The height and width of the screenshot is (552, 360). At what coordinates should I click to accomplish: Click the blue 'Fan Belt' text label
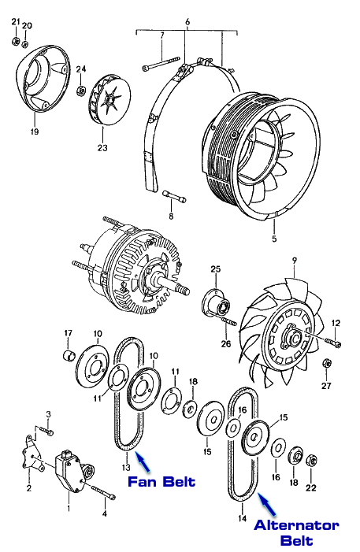coord(161,482)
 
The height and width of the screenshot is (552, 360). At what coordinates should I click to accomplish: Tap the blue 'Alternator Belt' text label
coord(296,533)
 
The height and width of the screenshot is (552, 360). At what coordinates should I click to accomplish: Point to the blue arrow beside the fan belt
coord(143,462)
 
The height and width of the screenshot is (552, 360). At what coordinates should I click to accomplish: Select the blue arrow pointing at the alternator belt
coord(267,503)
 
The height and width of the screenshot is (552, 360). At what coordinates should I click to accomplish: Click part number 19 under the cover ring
coord(35,132)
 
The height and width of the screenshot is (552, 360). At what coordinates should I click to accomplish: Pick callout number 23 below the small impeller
coord(102,148)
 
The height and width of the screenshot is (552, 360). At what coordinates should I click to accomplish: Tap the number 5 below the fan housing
coord(274,239)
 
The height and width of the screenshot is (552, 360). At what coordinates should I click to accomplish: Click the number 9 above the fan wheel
coord(295,261)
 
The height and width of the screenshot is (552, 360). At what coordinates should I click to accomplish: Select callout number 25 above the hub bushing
coord(216,269)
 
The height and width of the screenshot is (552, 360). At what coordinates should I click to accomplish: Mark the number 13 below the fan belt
coord(126,468)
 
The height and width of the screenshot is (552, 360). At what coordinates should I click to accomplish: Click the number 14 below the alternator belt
coord(243,518)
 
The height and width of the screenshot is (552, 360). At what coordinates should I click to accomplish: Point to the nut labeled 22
coord(311,460)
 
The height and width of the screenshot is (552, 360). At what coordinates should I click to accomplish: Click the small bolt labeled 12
coord(332,342)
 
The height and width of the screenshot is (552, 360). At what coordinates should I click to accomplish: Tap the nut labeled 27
coord(326,363)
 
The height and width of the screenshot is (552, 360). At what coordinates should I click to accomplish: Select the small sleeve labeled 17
coord(69,356)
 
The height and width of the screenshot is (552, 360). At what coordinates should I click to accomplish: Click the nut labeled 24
coord(80,91)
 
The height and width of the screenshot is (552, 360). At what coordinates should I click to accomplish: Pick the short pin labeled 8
coord(173,197)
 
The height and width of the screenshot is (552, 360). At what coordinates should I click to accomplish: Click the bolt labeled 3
coord(46,431)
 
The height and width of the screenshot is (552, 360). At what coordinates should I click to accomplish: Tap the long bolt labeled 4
coord(103,492)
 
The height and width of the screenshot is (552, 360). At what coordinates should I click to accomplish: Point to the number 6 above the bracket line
coord(187,22)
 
